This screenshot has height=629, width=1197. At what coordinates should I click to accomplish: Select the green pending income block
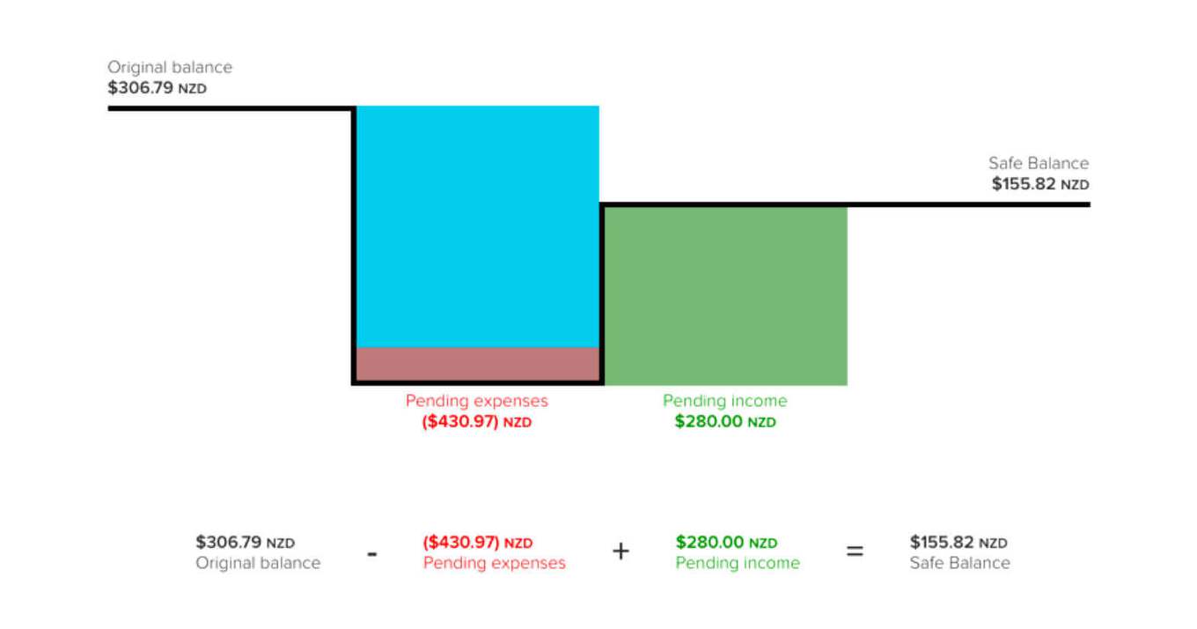(725, 295)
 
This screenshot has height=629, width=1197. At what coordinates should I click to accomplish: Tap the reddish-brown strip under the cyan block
(477, 365)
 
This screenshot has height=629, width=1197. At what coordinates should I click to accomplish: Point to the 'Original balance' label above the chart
(170, 67)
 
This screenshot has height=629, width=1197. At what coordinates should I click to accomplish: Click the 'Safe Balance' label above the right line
(1039, 163)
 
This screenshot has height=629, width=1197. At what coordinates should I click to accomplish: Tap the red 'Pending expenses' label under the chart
(476, 401)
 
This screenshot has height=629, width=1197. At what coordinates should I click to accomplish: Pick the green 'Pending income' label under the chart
(725, 401)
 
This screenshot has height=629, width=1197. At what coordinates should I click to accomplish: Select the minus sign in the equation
(372, 554)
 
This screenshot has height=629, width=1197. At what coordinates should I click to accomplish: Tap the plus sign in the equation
(621, 552)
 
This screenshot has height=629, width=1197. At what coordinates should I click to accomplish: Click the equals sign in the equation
(855, 552)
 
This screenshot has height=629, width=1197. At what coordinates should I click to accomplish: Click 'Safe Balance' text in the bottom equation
(959, 563)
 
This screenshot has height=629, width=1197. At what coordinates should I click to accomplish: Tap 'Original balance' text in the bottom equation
(258, 563)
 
